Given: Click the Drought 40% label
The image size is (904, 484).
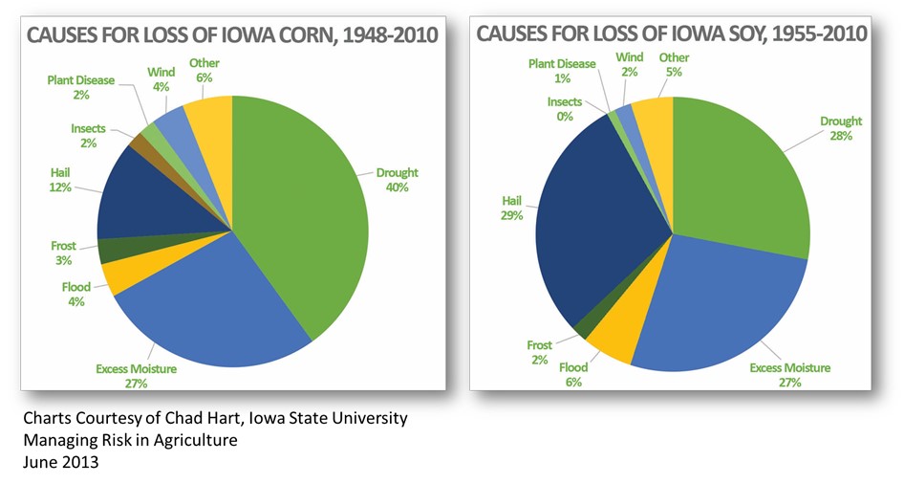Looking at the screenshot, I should point(397,180).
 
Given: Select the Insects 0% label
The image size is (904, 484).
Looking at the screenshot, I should point(564,109).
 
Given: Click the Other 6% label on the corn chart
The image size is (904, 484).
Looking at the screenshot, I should point(204,70).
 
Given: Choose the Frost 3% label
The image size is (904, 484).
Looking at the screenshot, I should point(63,253).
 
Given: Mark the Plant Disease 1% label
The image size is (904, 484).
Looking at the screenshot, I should point(562,70).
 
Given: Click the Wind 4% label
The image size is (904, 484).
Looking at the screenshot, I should point(161,78).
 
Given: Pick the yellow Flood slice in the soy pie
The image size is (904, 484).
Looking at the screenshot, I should point(613,340).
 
